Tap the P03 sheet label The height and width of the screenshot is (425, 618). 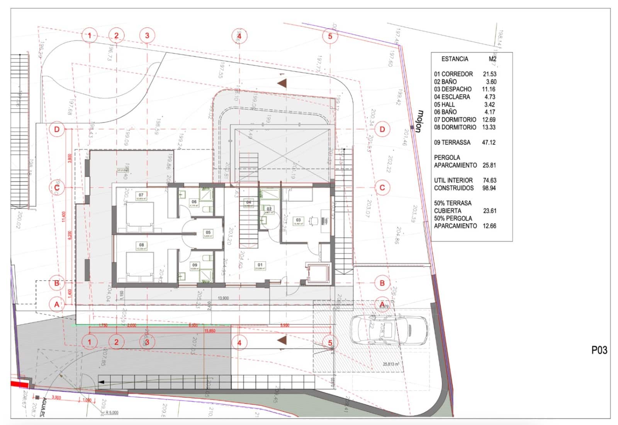tap(599, 350)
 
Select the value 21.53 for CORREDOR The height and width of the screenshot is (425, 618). tap(489, 74)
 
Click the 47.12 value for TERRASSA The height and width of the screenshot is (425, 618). tap(489, 142)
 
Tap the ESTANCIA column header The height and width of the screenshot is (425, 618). tap(455, 59)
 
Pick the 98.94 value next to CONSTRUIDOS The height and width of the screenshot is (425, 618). tap(489, 188)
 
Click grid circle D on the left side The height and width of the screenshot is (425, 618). tap(57, 129)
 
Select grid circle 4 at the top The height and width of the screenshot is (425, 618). tap(239, 36)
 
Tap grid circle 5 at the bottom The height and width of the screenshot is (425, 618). tap(330, 343)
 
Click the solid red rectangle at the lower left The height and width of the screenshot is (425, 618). tap(19, 384)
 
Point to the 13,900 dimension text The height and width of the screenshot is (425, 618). tap(223, 298)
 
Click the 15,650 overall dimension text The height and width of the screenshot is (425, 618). tap(210, 331)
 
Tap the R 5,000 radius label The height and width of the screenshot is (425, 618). tap(112, 413)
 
